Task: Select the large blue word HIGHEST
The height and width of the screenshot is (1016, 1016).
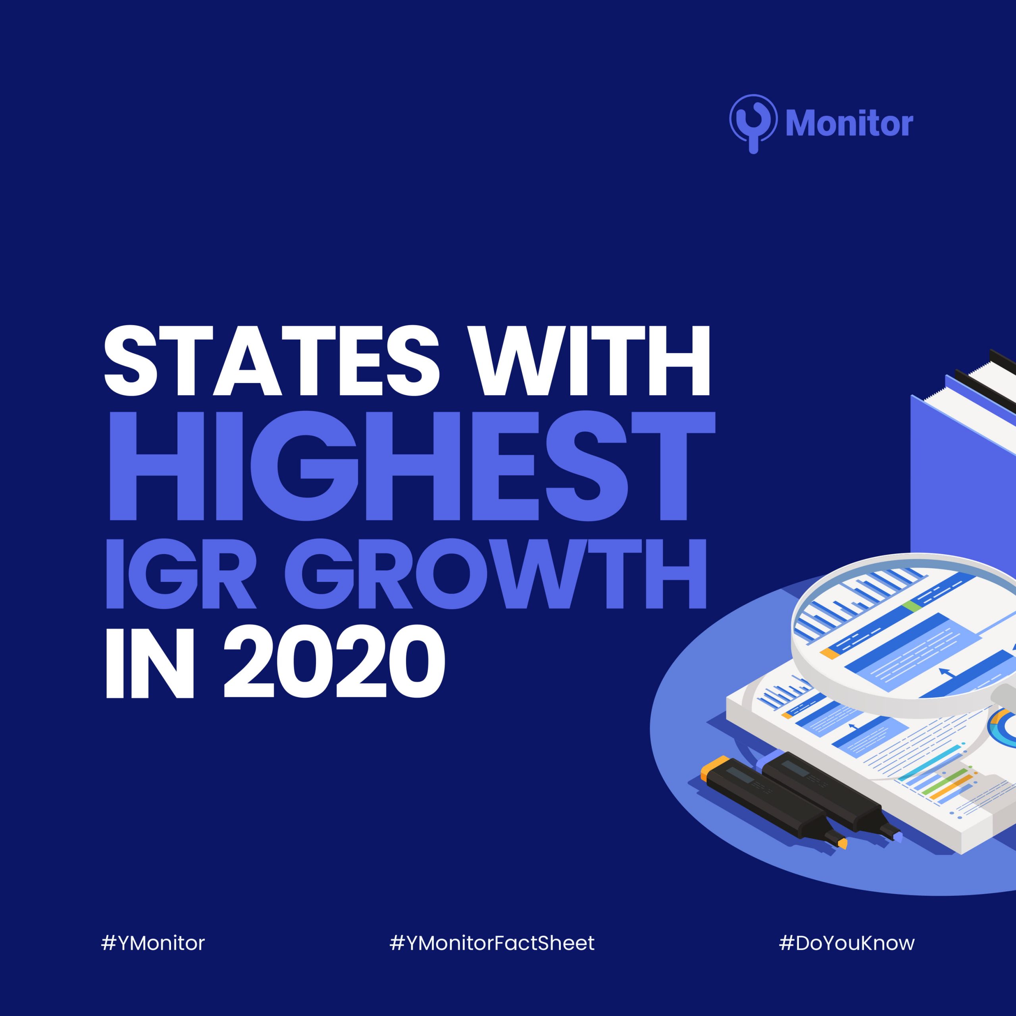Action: [411, 466]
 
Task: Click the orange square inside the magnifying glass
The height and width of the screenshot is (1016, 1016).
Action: [829, 654]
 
